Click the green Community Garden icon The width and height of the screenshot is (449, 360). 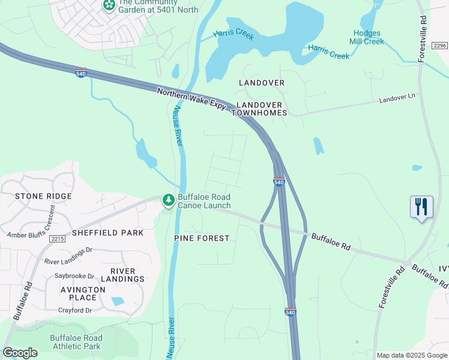pyautogui.click(x=109, y=5)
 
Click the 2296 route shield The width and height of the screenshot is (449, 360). pyautogui.click(x=440, y=46)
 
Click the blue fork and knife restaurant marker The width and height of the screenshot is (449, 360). pyautogui.click(x=421, y=207)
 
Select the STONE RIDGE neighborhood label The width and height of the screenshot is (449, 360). pyautogui.click(x=43, y=196)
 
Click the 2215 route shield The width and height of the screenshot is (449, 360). pyautogui.click(x=58, y=239)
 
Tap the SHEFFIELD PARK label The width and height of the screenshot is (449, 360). pyautogui.click(x=107, y=233)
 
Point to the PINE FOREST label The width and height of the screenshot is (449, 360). pyautogui.click(x=202, y=238)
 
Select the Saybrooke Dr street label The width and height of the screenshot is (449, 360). pyautogui.click(x=74, y=277)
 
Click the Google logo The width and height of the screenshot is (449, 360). pyautogui.click(x=20, y=353)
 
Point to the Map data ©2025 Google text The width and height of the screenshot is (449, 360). pyautogui.click(x=411, y=355)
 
